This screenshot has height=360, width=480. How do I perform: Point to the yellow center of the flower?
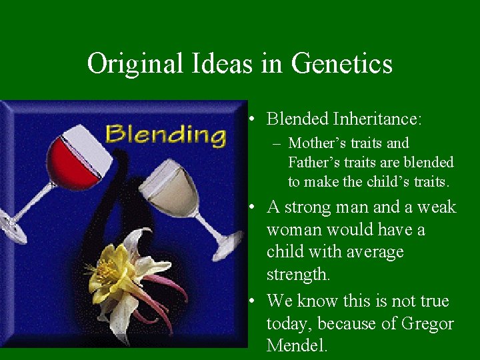pos(107,272)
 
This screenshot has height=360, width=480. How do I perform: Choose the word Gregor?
pos(427,324)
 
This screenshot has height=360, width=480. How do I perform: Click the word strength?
pos(295,275)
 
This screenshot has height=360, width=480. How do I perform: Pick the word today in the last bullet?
pos(289,324)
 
